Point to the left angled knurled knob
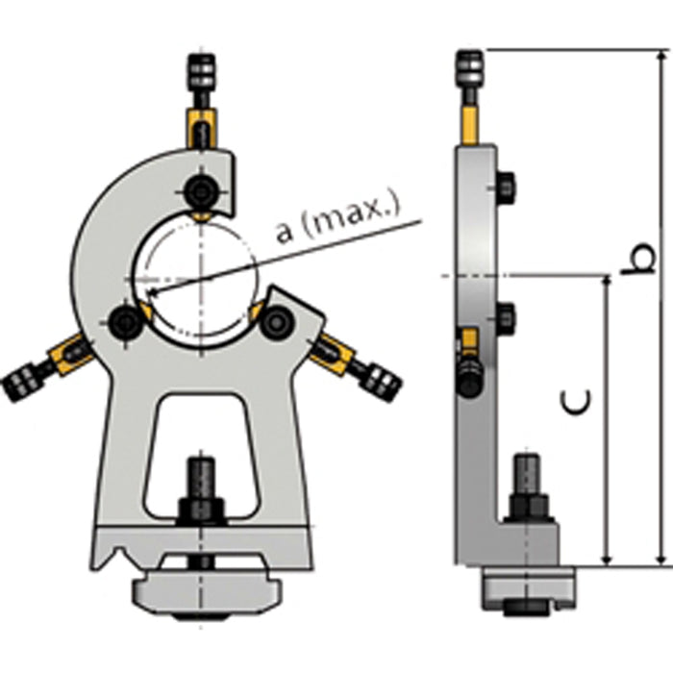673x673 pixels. click(x=21, y=383)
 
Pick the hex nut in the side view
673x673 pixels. click(x=528, y=507)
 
